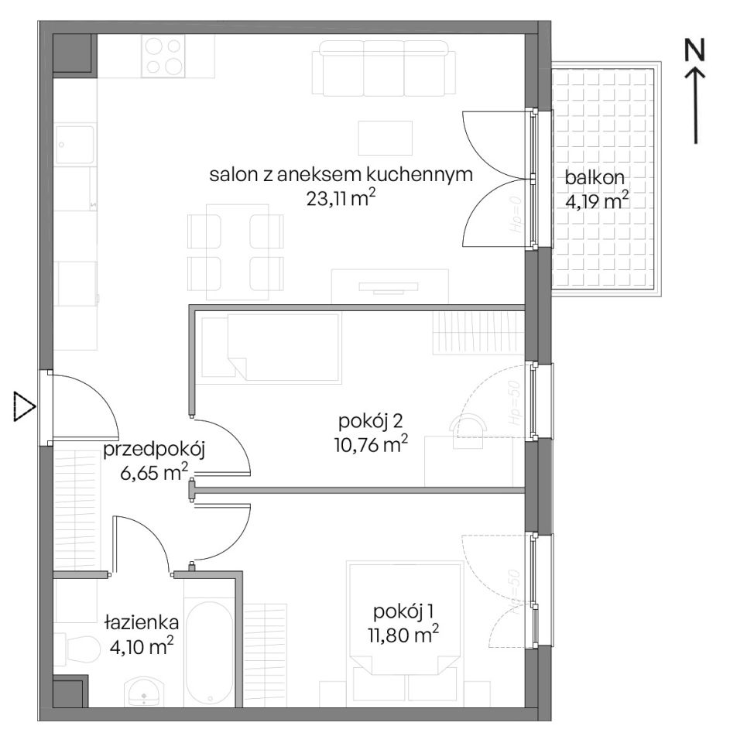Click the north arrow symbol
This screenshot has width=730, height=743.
click(697, 104)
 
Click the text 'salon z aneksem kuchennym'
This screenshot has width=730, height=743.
click(341, 174)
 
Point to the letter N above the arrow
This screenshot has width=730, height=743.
click(697, 50)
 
